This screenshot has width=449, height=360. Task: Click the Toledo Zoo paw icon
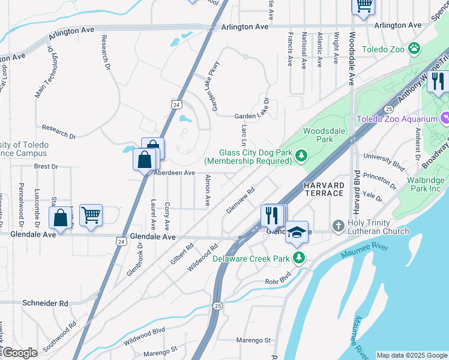[414, 47]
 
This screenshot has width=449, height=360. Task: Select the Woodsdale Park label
[318, 135]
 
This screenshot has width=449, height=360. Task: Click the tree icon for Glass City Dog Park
[302, 156]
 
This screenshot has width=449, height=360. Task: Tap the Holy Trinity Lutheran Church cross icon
[339, 226]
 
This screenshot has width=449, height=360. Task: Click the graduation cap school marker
[297, 232]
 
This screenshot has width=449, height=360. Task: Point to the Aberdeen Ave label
[175, 173]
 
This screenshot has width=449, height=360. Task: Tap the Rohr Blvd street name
[277, 281]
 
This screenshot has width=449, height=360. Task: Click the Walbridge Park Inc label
[423, 184]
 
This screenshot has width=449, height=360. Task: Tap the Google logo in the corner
[19, 353]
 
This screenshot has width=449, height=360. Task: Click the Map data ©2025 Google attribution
[412, 355]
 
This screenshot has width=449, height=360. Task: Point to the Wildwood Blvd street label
[144, 336]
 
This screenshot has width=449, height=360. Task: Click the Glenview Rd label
[241, 200]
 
